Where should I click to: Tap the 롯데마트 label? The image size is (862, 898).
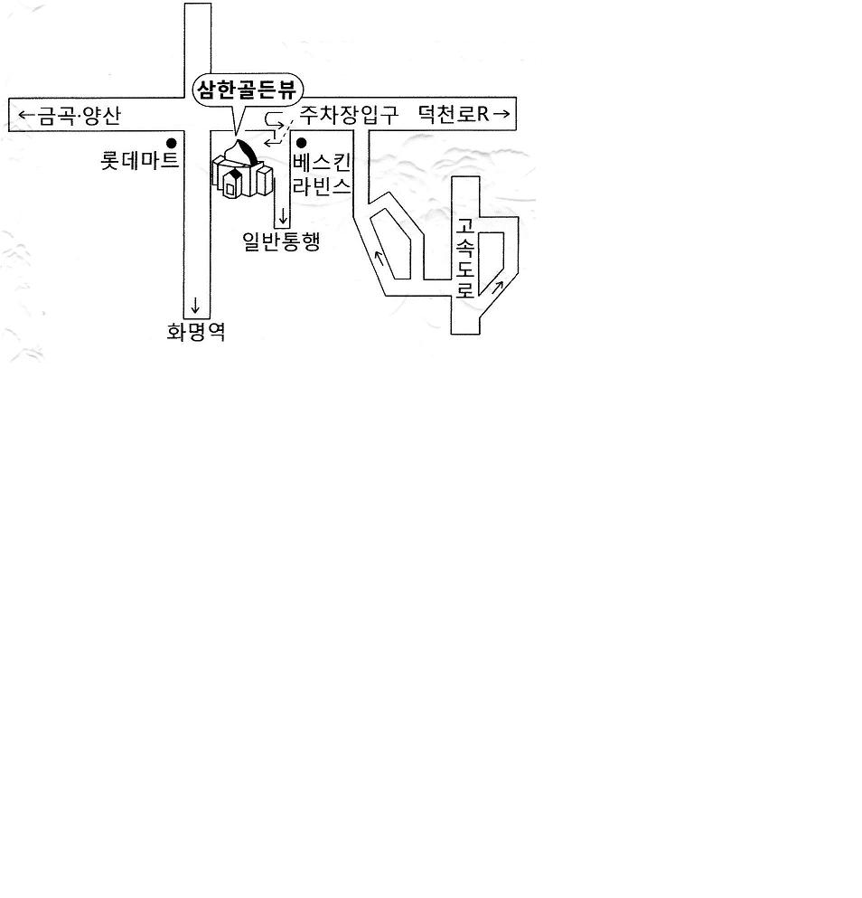point(140,160)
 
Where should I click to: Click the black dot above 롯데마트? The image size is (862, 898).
point(171,143)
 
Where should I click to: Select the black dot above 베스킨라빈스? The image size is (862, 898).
point(301,143)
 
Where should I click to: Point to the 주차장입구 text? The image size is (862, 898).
point(349,115)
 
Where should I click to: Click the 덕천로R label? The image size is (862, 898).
point(454,114)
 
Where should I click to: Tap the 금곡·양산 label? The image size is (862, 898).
point(80,116)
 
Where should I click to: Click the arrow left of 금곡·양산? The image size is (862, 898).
point(26,115)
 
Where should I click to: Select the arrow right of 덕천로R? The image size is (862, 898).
point(501,114)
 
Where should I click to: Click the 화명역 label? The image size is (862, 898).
point(196,332)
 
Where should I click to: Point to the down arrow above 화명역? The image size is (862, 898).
point(195,306)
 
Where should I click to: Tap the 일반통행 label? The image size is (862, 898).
point(281,241)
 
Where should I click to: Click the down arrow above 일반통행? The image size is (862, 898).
point(283,216)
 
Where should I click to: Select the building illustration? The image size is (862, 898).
point(241,169)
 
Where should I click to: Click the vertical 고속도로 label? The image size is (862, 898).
point(465,258)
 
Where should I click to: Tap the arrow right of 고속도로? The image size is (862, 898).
point(497,287)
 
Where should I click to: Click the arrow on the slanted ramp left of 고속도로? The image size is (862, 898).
point(379,259)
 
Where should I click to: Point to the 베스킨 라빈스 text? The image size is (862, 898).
point(321,175)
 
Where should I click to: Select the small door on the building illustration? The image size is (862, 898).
point(230,188)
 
